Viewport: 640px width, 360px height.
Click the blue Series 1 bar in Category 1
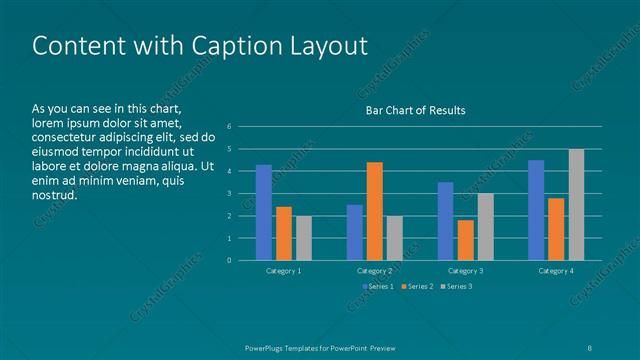264,212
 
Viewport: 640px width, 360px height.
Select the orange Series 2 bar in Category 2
374,211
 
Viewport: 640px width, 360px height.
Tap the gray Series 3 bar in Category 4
576,205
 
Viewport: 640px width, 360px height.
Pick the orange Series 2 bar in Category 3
465,240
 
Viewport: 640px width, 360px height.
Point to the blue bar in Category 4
536,210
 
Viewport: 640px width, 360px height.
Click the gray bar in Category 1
303,238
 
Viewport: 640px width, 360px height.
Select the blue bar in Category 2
355,232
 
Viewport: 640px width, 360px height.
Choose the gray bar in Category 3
485,227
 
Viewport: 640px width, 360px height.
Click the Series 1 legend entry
377,287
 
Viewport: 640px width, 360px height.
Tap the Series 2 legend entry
417,287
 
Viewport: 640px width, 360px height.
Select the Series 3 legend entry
456,287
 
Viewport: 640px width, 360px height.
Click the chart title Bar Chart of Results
416,110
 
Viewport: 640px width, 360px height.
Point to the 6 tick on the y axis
229,127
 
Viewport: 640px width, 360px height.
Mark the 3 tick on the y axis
229,194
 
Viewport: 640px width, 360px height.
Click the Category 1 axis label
284,271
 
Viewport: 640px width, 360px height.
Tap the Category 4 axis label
556,271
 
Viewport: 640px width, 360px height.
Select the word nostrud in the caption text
54,194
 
